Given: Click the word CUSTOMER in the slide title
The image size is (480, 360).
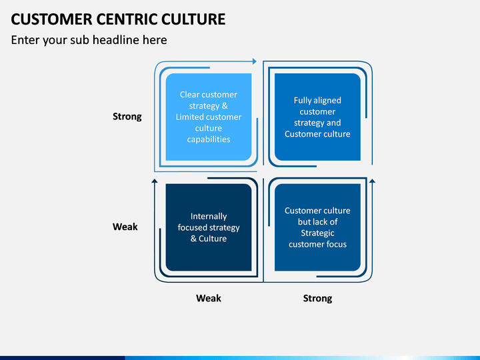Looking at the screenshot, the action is pos(51,19).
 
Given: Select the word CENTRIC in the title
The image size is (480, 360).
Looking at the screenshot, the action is pos(127,19).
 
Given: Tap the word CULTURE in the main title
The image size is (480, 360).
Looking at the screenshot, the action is pos(193,19).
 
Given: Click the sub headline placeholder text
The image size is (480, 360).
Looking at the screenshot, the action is pos(89,40).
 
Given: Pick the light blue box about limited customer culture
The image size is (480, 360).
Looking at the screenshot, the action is pos(209,117).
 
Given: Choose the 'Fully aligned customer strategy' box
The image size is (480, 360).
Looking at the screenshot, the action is pos(317,117).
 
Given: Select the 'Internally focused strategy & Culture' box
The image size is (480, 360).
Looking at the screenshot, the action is pos(209,227).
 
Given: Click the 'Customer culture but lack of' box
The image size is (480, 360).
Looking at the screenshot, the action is pos(317,227).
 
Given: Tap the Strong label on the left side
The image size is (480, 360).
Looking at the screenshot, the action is pos(127,117).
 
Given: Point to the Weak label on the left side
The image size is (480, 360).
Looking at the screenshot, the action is pos(125,227).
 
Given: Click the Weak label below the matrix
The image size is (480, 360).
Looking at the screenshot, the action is pos(209,298).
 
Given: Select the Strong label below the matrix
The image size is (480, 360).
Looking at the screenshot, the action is pos(317,299).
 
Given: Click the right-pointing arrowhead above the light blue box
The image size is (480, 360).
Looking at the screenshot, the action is pos(255,61).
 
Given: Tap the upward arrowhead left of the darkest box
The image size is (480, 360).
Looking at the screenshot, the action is pos(155,181).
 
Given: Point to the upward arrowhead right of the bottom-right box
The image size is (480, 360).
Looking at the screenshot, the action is pos(372,181).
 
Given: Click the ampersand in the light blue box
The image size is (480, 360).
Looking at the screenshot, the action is pos(225,105).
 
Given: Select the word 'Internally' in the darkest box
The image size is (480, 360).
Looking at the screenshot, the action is pos(209,217).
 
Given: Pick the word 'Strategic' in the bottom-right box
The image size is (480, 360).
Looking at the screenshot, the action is pos(317,233).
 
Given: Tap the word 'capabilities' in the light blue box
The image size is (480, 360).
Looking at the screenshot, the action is pos(209,139).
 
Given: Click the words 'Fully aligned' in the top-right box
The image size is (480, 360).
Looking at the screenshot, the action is pos(317,101).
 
